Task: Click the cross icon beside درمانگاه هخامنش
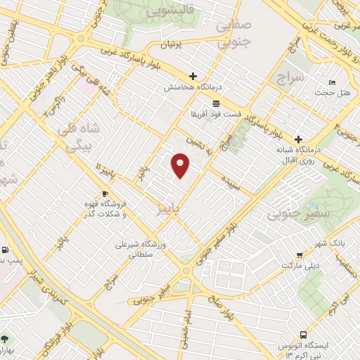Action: tap(193, 76)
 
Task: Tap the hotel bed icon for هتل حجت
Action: tap(333, 83)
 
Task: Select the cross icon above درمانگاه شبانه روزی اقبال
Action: tap(299, 139)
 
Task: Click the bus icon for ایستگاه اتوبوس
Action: tap(303, 335)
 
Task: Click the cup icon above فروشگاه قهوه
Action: tap(105, 193)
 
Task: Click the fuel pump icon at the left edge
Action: tap(6, 250)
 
